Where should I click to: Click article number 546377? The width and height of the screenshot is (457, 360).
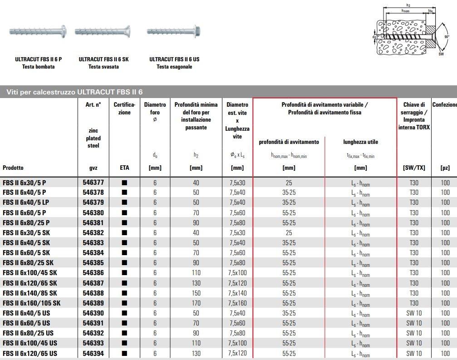93,182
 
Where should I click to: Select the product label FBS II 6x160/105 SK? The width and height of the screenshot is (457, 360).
31,303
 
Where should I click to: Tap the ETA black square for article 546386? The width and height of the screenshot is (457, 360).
124,273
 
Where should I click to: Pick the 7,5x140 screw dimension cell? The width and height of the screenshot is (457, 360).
237,293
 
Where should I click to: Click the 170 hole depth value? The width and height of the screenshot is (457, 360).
196,303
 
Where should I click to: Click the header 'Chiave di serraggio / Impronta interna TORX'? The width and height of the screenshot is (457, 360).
413,116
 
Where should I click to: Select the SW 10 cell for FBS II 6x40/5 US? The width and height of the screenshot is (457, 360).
413,313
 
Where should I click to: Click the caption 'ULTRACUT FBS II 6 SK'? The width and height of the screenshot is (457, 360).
103,59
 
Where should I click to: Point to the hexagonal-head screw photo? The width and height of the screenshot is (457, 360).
173,32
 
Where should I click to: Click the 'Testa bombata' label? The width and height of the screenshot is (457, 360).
38,67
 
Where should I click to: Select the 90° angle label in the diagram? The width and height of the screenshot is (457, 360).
447,37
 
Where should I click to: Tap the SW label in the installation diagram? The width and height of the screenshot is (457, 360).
441,54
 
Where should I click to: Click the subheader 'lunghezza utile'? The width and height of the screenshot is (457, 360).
360,142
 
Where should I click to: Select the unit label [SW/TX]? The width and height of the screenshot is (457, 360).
413,168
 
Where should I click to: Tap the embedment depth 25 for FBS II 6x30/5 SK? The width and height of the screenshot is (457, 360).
289,233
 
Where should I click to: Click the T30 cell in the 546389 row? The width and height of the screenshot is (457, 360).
413,303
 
